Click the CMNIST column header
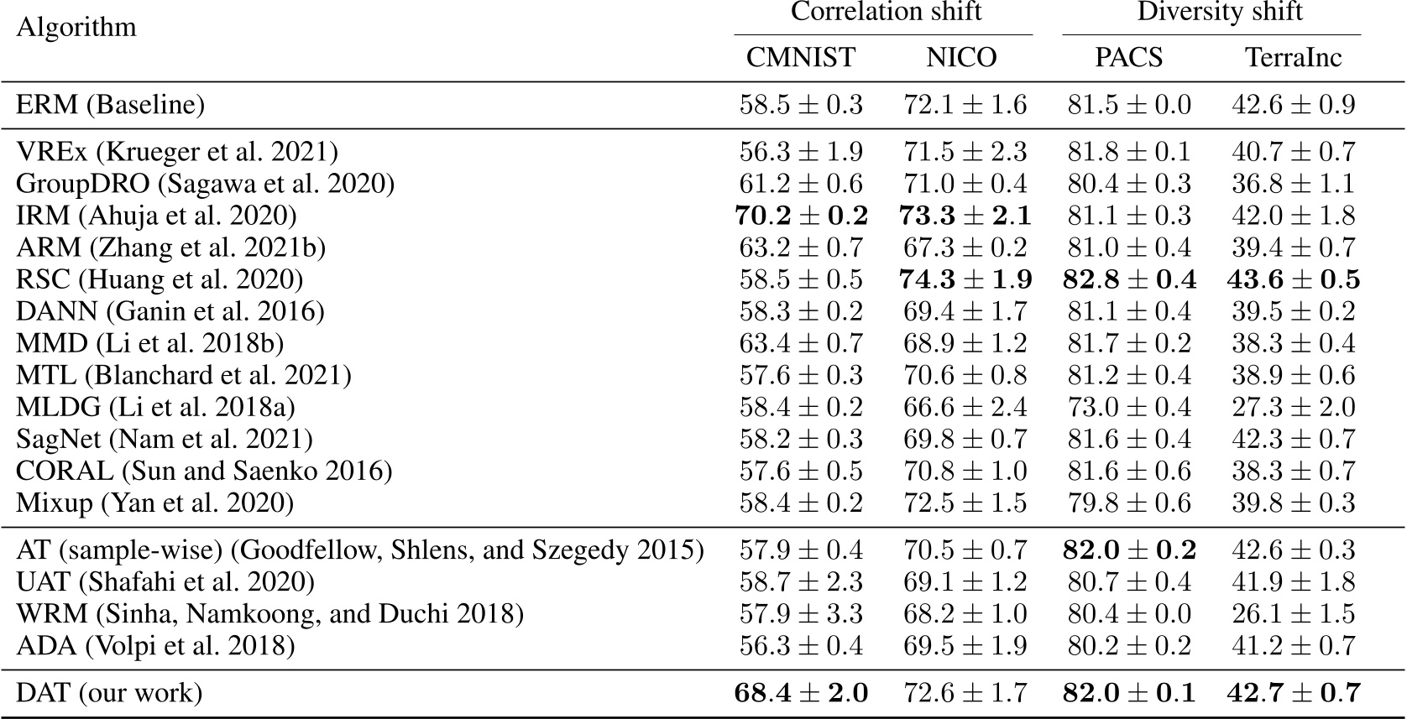tap(800, 57)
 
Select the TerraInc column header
tap(1293, 57)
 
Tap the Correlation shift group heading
tap(886, 12)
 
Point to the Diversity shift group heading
tap(1219, 12)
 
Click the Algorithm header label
tap(76, 28)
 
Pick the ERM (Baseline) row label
tap(110, 105)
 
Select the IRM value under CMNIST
tap(801, 216)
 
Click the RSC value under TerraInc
tap(1293, 279)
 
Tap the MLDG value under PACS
tap(1129, 407)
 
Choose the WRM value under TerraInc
tap(1293, 613)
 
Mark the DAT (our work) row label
tap(109, 693)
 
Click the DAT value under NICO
tap(965, 693)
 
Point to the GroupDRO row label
tap(205, 184)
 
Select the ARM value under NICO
tap(965, 247)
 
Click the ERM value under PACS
tap(1129, 105)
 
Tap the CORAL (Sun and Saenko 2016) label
tap(204, 471)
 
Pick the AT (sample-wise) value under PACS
tap(1129, 550)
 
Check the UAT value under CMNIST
tap(801, 581)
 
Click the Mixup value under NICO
tap(965, 503)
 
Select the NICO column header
tap(961, 57)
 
